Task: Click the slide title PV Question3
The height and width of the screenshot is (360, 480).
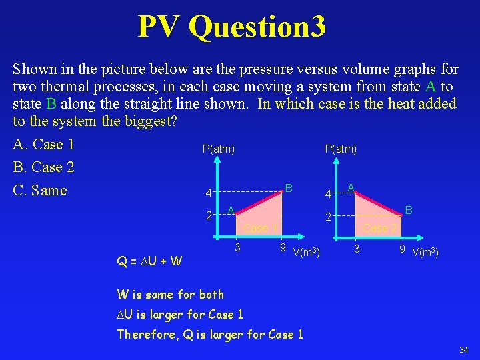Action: point(232,27)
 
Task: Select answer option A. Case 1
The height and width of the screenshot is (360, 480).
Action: point(43,145)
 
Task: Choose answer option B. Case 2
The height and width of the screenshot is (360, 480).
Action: point(43,167)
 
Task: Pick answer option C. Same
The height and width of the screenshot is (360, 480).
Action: point(40,191)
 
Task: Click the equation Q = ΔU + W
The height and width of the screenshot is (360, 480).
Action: point(150,260)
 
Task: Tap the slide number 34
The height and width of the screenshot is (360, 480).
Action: point(463,350)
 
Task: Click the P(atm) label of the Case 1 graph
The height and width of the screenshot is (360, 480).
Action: point(218,149)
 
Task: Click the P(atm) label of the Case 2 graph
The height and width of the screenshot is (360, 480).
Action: point(341,149)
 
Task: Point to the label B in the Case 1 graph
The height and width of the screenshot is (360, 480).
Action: point(289,188)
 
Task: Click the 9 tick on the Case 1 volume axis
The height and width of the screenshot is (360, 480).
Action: point(283,249)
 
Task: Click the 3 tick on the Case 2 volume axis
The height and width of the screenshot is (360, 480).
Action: point(357,249)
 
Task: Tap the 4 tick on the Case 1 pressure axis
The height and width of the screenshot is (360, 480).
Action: point(208,194)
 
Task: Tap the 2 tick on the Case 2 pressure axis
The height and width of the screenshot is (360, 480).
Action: point(328,217)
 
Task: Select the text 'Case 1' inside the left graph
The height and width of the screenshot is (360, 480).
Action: point(260,229)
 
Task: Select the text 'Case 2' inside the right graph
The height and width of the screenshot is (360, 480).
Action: point(379,229)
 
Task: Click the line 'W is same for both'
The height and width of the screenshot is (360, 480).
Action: point(171,294)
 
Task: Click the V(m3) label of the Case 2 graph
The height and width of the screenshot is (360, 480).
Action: point(425,252)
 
